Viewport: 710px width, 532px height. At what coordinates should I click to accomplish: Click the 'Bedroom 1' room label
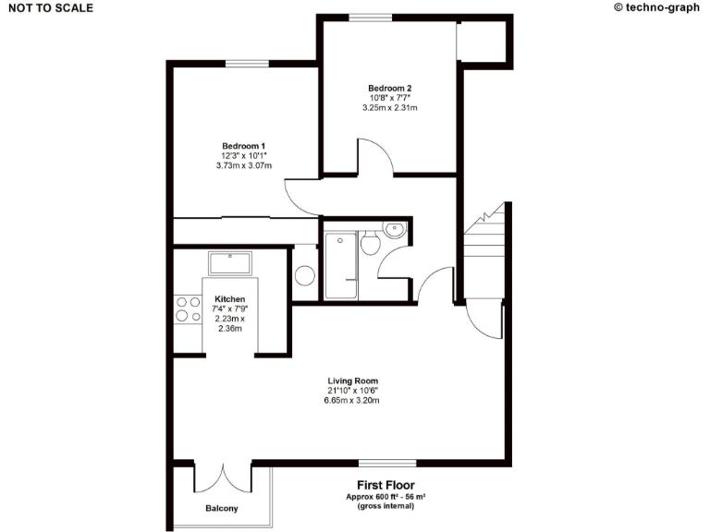pyautogui.click(x=243, y=146)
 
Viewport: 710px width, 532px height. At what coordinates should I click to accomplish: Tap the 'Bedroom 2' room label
pyautogui.click(x=389, y=88)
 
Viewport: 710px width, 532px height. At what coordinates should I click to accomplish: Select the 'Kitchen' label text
pyautogui.click(x=229, y=299)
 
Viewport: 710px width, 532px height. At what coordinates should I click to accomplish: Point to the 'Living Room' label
pyautogui.click(x=352, y=381)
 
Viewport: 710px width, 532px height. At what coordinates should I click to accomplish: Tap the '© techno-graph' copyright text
pyautogui.click(x=656, y=7)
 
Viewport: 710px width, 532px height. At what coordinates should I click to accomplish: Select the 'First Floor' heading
pyautogui.click(x=386, y=485)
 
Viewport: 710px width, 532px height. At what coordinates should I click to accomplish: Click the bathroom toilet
pyautogui.click(x=370, y=243)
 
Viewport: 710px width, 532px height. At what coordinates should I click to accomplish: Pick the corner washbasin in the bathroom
pyautogui.click(x=395, y=229)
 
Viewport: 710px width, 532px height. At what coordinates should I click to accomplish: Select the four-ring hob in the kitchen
pyautogui.click(x=189, y=308)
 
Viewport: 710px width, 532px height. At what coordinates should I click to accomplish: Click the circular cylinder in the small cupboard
pyautogui.click(x=304, y=275)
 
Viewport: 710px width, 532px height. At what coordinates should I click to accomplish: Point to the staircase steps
pyautogui.click(x=485, y=249)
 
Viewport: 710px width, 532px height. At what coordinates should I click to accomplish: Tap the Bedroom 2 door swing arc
pyautogui.click(x=375, y=156)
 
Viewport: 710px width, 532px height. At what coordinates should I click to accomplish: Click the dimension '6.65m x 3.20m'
pyautogui.click(x=352, y=401)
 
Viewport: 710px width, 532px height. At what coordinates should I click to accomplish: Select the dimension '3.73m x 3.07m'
pyautogui.click(x=243, y=166)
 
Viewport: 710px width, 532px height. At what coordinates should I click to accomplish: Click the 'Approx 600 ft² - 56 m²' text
pyautogui.click(x=386, y=497)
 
